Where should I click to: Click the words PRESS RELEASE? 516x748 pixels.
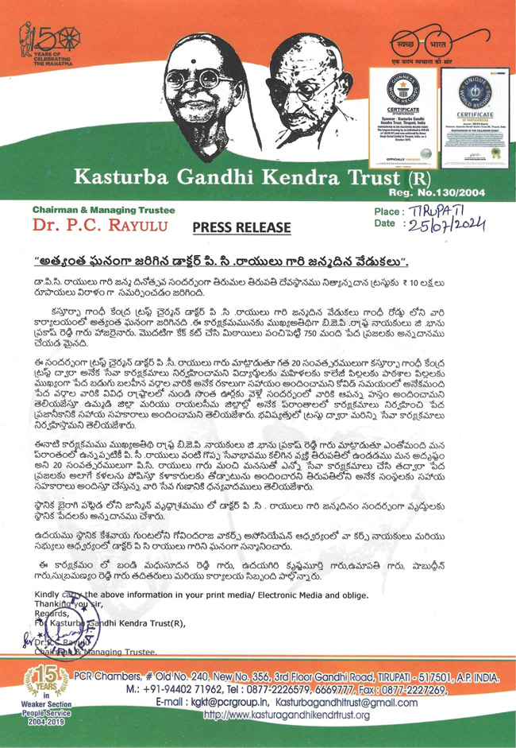(x=241, y=228)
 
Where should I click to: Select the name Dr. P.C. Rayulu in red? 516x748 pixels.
(x=98, y=227)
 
